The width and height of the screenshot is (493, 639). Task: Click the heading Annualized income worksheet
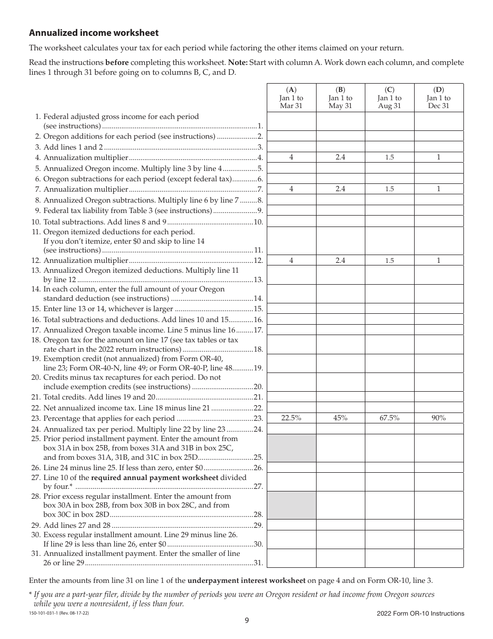pos(94,33)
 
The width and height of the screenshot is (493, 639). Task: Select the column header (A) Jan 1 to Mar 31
pos(291,98)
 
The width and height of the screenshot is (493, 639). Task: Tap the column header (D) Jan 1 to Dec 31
pos(438,98)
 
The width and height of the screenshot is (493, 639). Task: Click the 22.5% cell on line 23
pos(291,418)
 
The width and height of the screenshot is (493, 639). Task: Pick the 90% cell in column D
pos(438,418)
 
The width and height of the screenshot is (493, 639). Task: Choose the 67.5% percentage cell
pos(389,418)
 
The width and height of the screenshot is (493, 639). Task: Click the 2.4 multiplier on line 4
pos(340,157)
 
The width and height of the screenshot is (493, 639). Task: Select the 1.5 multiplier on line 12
pos(389,261)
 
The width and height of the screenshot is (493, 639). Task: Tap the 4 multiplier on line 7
pos(291,189)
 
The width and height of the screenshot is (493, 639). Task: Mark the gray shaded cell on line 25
pos(291,448)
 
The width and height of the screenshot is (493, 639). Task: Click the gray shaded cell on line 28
pos(291,505)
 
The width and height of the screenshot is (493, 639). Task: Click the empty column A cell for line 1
pos(291,121)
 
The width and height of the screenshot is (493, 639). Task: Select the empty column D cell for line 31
pos(438,558)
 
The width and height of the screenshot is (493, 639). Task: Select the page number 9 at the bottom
pos(246,620)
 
